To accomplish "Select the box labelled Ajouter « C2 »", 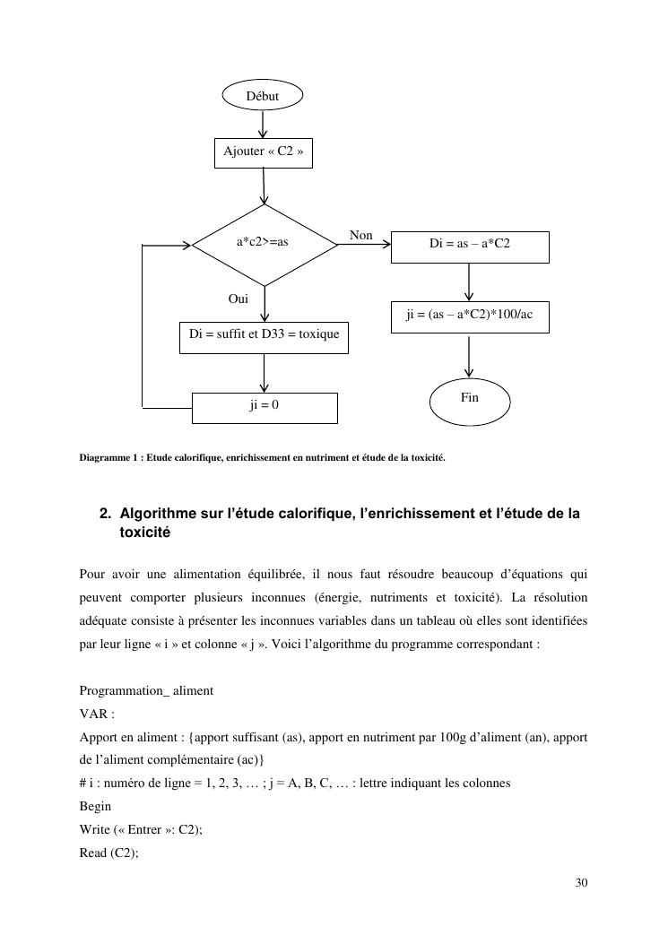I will (x=264, y=152).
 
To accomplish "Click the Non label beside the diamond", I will (x=361, y=235).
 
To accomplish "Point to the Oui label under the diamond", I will (x=238, y=299).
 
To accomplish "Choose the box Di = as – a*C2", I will (x=470, y=245).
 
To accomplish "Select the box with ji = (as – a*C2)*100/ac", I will (x=470, y=316).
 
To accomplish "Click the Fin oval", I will (x=470, y=400).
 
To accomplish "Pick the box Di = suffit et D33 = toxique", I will (x=264, y=335).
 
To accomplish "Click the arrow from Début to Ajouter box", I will (x=263, y=124).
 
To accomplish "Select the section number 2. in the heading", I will (x=105, y=515).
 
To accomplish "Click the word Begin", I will (x=95, y=806).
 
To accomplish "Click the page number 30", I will (x=581, y=884).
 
